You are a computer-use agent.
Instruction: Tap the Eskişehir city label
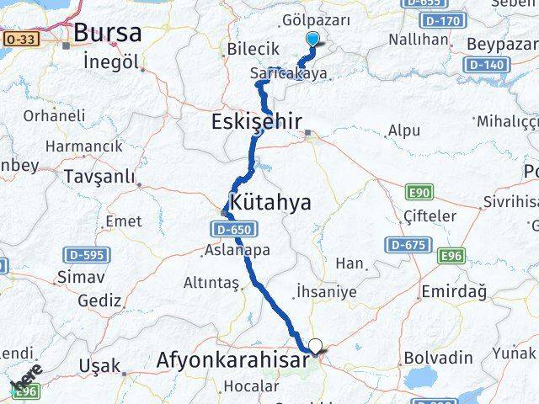[255, 123]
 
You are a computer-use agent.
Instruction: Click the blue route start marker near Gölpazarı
[313, 39]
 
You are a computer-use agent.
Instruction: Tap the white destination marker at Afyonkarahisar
[316, 345]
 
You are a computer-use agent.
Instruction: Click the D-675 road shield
[405, 245]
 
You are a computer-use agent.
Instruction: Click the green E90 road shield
[423, 193]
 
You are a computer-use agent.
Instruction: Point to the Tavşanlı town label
[99, 177]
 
